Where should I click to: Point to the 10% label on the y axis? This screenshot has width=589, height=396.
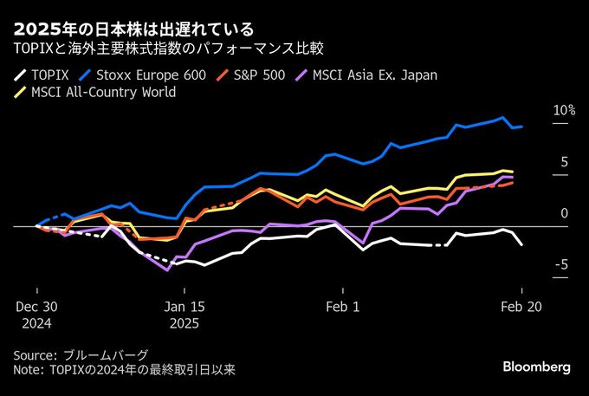(x=563, y=111)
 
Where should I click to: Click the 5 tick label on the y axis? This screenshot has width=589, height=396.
(x=565, y=162)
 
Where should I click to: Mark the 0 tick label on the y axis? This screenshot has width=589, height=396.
(x=565, y=213)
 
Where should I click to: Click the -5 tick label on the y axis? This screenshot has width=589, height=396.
(x=562, y=264)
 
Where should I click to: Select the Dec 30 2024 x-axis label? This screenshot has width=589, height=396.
(x=36, y=314)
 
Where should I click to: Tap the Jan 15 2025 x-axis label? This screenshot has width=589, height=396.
(x=184, y=314)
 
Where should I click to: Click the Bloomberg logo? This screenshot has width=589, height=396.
(x=536, y=367)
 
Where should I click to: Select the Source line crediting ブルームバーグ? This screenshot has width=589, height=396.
(x=81, y=355)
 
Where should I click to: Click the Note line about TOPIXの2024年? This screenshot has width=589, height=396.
(x=124, y=370)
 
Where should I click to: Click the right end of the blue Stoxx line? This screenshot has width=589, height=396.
(x=521, y=127)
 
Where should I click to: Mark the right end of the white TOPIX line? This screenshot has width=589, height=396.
(x=521, y=245)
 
